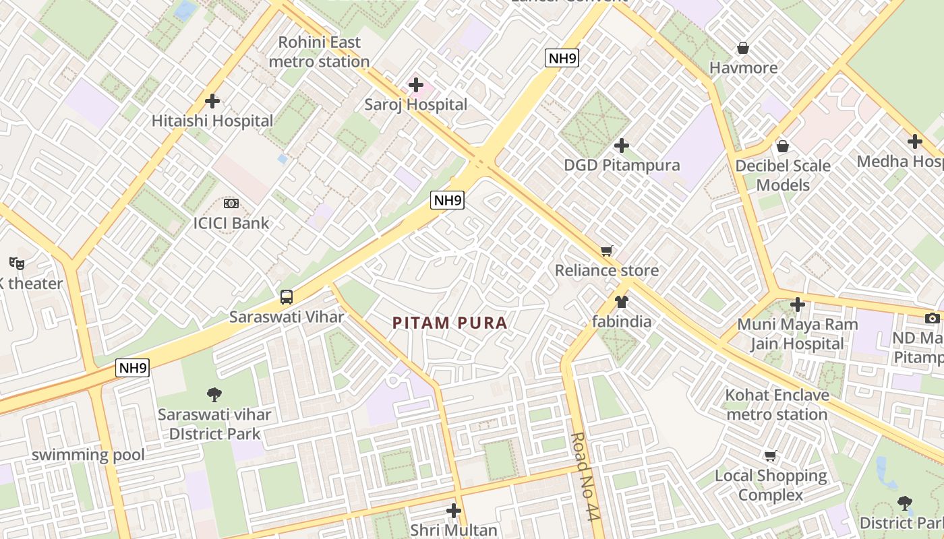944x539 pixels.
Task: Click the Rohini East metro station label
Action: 319,52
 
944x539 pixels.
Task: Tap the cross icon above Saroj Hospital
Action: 416,85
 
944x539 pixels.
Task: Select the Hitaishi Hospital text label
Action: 212,121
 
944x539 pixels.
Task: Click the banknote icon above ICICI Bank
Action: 231,203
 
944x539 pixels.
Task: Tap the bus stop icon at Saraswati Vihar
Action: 287,297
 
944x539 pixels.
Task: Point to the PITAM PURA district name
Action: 450,323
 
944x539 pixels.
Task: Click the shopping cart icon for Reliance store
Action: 607,251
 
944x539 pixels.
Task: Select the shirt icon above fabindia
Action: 621,302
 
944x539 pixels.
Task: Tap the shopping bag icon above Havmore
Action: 743,48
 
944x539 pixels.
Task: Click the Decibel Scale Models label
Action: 782,175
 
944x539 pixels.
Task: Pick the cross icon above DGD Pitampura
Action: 622,146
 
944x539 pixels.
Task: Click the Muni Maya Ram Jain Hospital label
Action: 797,334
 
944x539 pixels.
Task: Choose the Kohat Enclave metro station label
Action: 777,404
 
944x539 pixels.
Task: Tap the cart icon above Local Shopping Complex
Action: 771,455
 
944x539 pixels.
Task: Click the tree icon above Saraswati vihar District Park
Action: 214,394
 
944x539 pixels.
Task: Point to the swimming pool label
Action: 88,455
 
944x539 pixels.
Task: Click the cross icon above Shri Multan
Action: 454,511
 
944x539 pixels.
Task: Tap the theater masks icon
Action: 17,263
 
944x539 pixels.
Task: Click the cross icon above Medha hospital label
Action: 914,142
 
